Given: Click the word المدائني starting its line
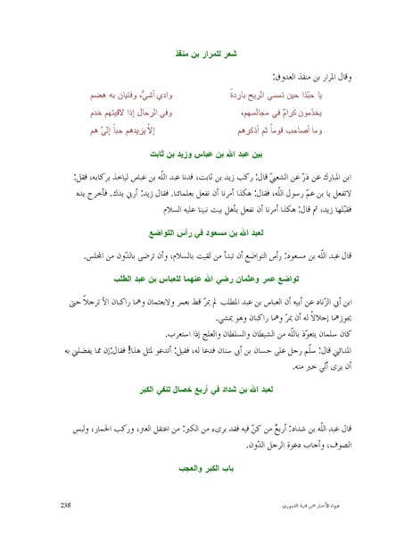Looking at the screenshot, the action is [x=338, y=345].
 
